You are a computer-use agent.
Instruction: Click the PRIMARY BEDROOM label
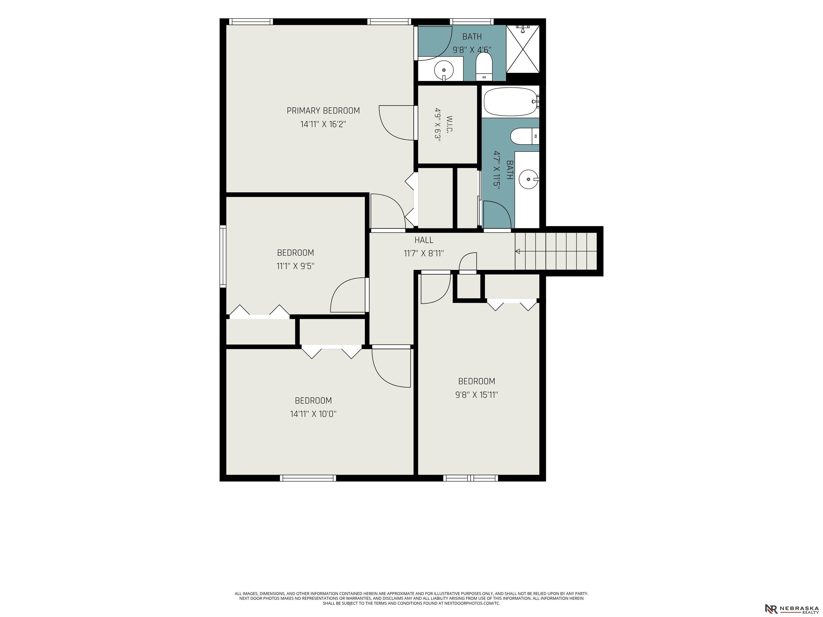(x=323, y=110)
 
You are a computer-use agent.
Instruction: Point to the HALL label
(x=424, y=240)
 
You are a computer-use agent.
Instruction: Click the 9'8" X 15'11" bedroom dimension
(x=477, y=395)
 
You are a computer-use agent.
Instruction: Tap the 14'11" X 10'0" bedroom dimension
(x=313, y=414)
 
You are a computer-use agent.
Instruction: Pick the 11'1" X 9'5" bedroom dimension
(x=295, y=266)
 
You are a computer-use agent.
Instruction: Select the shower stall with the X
(x=523, y=49)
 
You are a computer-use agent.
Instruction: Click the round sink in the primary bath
(x=444, y=70)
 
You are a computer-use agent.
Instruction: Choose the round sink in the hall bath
(x=528, y=179)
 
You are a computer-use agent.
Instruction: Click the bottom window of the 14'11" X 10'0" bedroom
(x=308, y=478)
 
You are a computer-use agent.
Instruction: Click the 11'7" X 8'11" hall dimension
(x=424, y=254)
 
